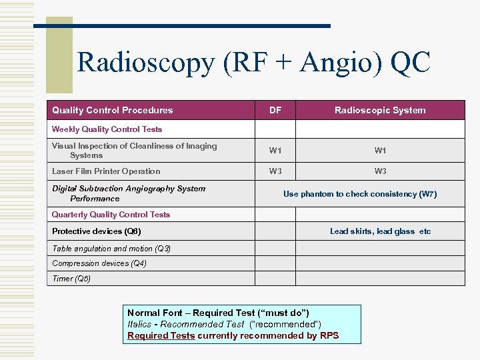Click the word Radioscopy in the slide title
[146, 64]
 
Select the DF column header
[275, 110]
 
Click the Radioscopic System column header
[380, 110]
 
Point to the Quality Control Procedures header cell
[112, 110]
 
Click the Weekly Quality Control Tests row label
[107, 129]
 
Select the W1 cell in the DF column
[275, 151]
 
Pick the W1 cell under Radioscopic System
[380, 151]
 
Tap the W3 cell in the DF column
[275, 171]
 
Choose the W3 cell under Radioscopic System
[380, 171]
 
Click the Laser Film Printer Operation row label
[106, 171]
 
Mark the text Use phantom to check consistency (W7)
[360, 194]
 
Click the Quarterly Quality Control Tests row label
[111, 215]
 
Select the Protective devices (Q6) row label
[96, 231]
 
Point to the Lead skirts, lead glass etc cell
[380, 231]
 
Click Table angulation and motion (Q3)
[111, 248]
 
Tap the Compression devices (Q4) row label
[99, 263]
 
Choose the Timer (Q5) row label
[71, 279]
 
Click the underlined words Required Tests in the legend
[161, 335]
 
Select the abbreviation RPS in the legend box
[329, 335]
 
